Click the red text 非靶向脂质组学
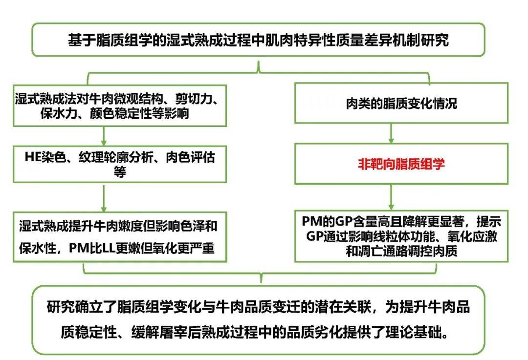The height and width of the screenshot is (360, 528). click(x=401, y=164)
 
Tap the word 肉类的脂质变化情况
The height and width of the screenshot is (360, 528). click(x=401, y=103)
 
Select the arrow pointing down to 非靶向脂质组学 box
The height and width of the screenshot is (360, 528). click(x=391, y=133)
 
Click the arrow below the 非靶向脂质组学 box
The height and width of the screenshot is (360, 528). click(x=391, y=197)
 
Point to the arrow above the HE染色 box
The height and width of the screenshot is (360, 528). click(x=104, y=136)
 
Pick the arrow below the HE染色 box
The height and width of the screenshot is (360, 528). click(x=104, y=198)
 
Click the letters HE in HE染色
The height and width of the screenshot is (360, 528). click(x=33, y=157)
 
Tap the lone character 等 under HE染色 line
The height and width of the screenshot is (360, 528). click(x=120, y=171)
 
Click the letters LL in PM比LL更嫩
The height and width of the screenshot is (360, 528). click(x=109, y=248)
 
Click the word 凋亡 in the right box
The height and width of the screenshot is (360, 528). click(x=370, y=251)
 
